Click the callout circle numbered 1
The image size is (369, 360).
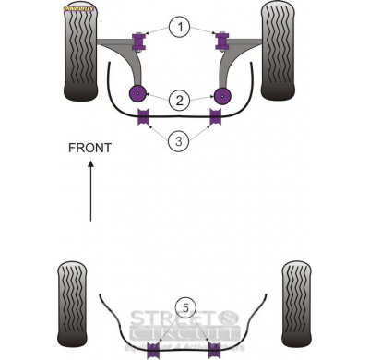tap(181, 28)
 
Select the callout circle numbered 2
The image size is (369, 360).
tap(181, 99)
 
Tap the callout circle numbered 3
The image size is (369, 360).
tap(181, 140)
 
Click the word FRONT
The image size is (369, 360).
tap(89, 148)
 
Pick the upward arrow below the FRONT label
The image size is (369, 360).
tap(90, 190)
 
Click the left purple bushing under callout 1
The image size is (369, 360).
tap(141, 40)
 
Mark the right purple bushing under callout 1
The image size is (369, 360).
tap(221, 40)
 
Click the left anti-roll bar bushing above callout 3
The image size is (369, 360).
tap(144, 117)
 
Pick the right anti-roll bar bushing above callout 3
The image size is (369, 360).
tap(218, 117)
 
